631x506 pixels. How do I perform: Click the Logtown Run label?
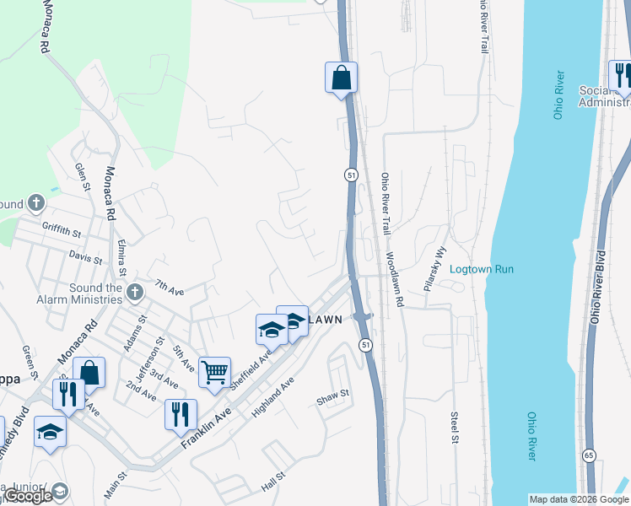(x=482, y=269)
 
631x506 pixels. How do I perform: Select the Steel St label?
(x=454, y=428)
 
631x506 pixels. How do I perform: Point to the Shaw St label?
(x=332, y=396)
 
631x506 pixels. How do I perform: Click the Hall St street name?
(x=274, y=482)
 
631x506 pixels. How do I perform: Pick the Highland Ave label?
(x=272, y=398)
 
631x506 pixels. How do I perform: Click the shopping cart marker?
(x=215, y=370)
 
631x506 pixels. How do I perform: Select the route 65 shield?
(x=588, y=455)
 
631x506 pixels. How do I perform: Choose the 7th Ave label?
(x=170, y=288)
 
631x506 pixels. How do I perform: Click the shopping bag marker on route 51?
(x=341, y=78)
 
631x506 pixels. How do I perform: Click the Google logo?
(x=28, y=497)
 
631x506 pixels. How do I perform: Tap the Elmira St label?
(x=122, y=258)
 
